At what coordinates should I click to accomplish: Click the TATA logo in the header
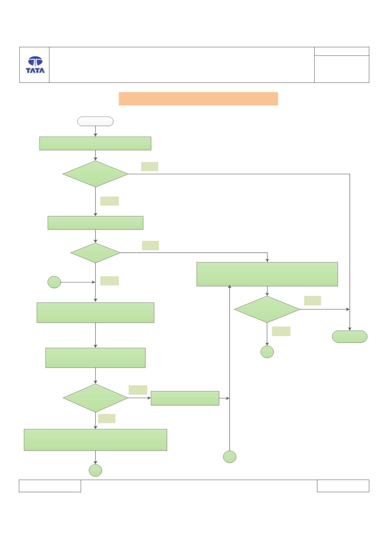(x=35, y=65)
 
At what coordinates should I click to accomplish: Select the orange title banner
(x=198, y=99)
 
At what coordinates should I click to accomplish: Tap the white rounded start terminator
(x=95, y=121)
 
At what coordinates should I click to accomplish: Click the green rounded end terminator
(x=350, y=337)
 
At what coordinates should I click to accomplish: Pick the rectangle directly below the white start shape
(x=95, y=143)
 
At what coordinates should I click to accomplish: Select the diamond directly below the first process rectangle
(x=95, y=174)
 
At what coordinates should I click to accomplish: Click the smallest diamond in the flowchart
(x=95, y=253)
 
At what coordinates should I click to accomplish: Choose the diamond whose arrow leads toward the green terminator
(x=267, y=310)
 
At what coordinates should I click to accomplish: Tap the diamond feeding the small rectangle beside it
(x=95, y=398)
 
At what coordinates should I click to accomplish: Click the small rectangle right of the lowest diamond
(x=185, y=398)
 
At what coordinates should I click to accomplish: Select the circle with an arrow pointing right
(x=54, y=282)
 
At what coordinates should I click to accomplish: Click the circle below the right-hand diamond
(x=267, y=352)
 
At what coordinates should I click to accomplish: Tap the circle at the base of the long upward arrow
(x=230, y=457)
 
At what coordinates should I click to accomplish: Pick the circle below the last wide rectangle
(x=95, y=470)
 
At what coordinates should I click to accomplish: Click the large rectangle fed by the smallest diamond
(x=267, y=274)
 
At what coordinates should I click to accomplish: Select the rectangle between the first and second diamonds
(x=95, y=223)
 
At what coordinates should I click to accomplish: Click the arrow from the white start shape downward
(x=95, y=131)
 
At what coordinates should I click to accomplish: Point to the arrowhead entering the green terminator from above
(x=350, y=329)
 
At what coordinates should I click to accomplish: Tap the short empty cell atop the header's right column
(x=342, y=51)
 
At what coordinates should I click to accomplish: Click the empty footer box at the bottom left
(x=50, y=486)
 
